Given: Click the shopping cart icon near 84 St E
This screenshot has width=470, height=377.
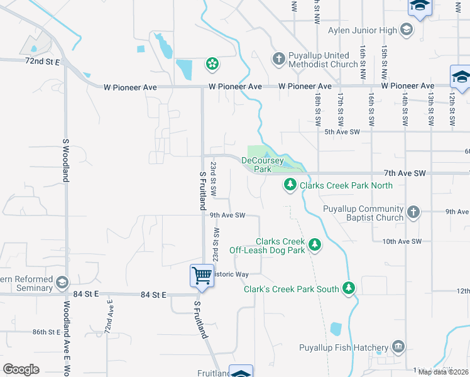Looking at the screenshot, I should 202,275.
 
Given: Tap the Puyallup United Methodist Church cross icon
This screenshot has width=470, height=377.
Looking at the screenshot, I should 279,59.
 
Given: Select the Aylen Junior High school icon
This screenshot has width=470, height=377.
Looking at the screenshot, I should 407,30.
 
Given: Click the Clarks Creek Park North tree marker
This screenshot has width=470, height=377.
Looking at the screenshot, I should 290,185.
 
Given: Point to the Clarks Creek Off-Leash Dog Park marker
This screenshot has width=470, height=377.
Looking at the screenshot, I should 315,245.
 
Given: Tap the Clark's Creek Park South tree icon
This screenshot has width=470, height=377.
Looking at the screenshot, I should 349,288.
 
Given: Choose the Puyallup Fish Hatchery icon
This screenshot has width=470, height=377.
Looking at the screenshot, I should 398,346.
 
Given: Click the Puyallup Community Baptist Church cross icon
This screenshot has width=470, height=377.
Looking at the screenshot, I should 413,212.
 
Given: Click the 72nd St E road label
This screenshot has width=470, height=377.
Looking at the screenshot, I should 43,62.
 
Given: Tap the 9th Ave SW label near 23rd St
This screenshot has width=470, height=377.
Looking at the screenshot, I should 227,216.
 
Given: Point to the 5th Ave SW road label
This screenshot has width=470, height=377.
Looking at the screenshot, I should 342,132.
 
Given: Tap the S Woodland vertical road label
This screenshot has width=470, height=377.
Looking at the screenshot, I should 65,161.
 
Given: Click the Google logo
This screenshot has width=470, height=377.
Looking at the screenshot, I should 21,369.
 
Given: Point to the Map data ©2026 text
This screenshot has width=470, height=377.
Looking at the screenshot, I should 442,372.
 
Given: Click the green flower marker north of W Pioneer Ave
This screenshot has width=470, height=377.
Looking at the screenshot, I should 212,63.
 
